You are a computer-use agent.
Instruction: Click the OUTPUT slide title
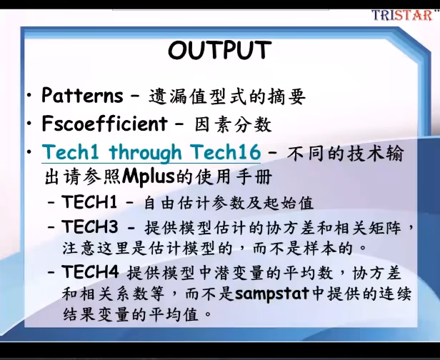(220, 50)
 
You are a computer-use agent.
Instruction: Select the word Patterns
(82, 95)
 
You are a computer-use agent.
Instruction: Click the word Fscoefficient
(104, 123)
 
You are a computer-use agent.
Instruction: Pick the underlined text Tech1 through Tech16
(151, 152)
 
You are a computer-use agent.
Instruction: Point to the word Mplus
(149, 177)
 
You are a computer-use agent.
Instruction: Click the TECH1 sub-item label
(89, 201)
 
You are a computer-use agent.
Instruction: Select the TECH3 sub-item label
(90, 226)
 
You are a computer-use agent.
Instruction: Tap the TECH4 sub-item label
(90, 271)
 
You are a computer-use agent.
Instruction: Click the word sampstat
(272, 294)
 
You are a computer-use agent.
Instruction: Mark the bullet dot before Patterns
(29, 95)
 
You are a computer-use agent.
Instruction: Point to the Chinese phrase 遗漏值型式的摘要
(227, 96)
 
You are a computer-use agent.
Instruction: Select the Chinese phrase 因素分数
(233, 124)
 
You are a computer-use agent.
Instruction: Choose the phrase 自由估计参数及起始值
(229, 203)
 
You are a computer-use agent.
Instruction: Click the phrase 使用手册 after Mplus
(234, 177)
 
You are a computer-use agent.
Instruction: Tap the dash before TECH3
(51, 226)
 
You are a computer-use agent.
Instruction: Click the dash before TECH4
(51, 271)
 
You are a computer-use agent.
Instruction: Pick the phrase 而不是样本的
(303, 249)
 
